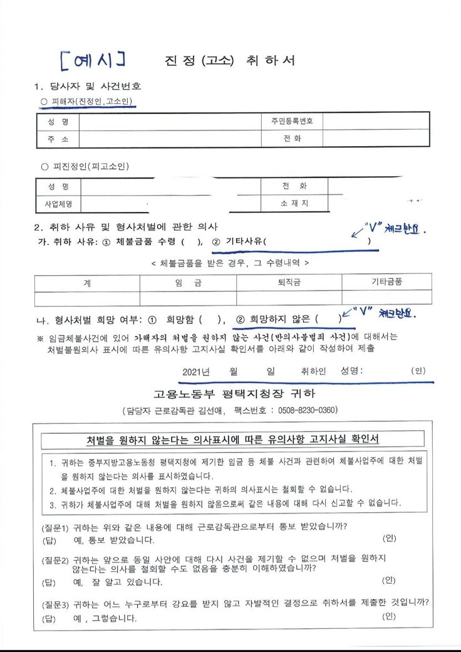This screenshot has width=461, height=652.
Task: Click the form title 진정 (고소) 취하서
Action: tap(229, 60)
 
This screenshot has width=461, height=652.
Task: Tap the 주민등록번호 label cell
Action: tap(287, 120)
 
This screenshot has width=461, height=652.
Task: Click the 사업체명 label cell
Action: tap(58, 204)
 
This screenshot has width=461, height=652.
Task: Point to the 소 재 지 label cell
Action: tap(294, 204)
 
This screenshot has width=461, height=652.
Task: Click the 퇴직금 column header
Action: tap(289, 283)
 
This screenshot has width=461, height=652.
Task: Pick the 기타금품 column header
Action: tap(386, 282)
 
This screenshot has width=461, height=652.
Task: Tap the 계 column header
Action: tap(86, 283)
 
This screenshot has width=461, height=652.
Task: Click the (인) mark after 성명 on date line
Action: tap(418, 371)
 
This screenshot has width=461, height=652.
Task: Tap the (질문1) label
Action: tap(55, 526)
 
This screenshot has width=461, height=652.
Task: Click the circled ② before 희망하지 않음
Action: tap(240, 318)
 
